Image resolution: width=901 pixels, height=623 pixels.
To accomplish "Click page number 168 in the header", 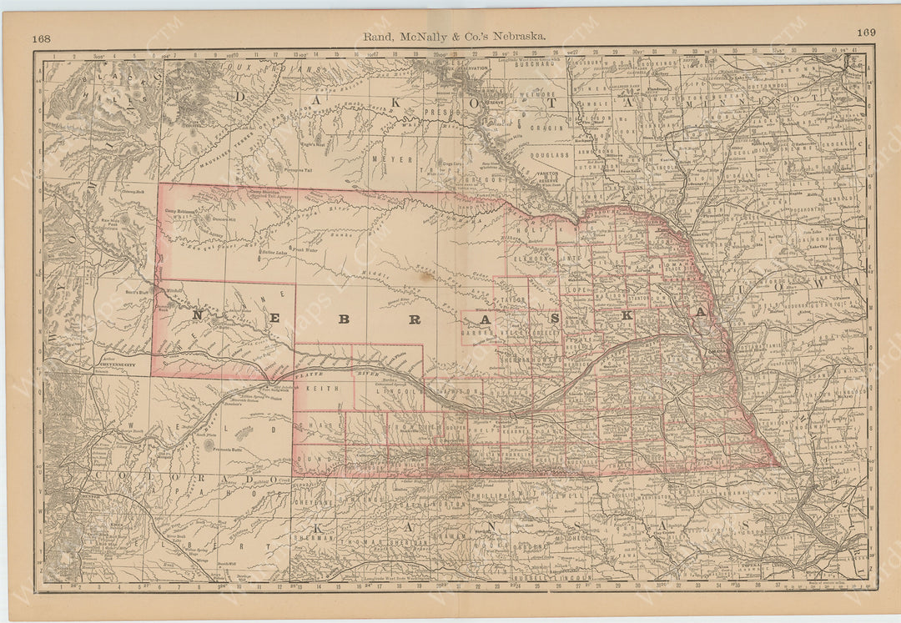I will (x=42, y=38).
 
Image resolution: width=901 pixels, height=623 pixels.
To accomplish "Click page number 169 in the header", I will (x=865, y=33).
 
